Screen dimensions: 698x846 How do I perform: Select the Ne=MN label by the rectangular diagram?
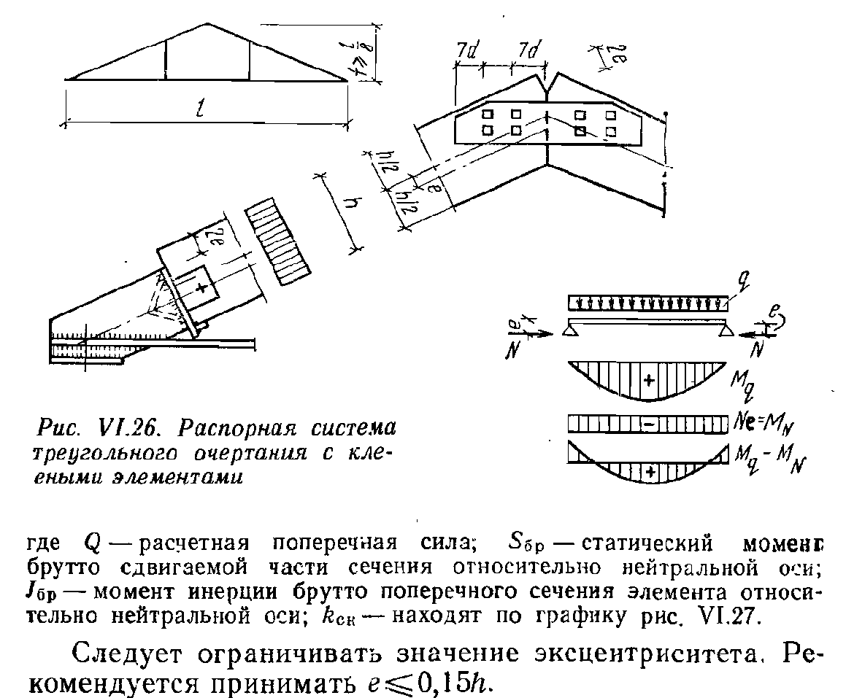click(761, 424)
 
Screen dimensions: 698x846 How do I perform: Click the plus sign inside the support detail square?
click(199, 287)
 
